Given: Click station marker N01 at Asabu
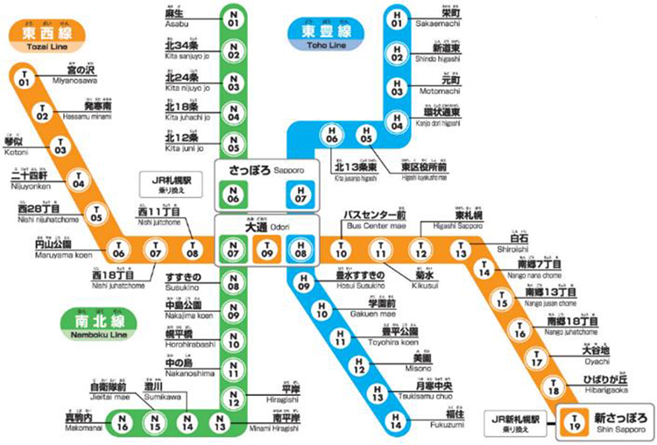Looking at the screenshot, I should (x=233, y=19).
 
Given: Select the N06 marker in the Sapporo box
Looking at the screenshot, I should (x=233, y=194).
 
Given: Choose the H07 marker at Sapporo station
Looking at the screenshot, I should (x=301, y=194).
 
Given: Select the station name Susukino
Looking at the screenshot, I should (x=183, y=279).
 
